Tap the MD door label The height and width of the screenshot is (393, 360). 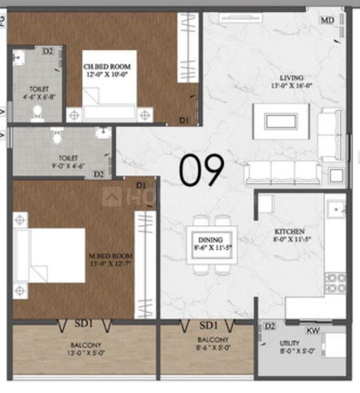coord(328,21)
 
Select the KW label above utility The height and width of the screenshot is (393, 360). coord(313,331)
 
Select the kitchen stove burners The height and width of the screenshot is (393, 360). coord(336,283)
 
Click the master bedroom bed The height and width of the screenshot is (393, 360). coord(50,256)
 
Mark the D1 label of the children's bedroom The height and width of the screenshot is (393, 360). coord(184,119)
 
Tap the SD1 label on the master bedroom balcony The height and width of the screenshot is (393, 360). coord(84,323)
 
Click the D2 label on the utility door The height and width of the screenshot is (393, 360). coord(269,326)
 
